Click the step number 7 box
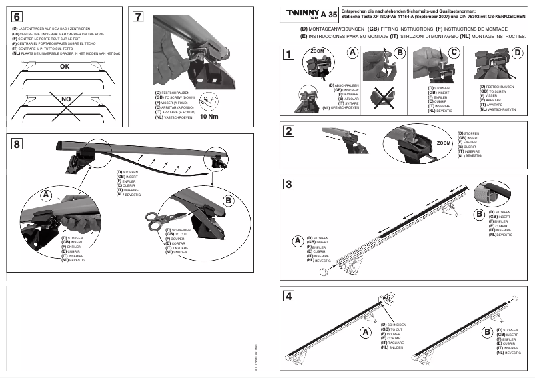(x=138, y=17)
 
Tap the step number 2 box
(x=288, y=131)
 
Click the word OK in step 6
(x=65, y=67)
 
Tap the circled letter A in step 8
(x=46, y=195)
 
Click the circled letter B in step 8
(x=227, y=200)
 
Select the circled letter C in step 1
(x=454, y=52)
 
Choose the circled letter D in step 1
(x=518, y=52)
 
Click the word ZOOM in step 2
(x=443, y=143)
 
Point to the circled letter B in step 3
(x=478, y=214)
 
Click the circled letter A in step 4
(x=365, y=331)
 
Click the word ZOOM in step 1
(x=317, y=51)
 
